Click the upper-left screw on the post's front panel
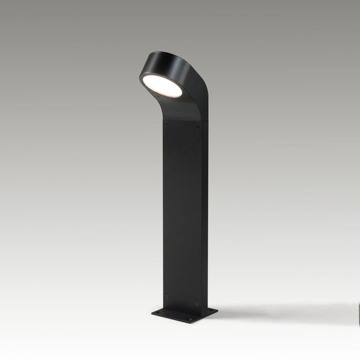(x=166, y=124)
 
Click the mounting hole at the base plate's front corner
(x=191, y=319)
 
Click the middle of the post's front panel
(x=181, y=210)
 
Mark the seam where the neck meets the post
(x=181, y=119)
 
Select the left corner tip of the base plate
(x=152, y=312)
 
